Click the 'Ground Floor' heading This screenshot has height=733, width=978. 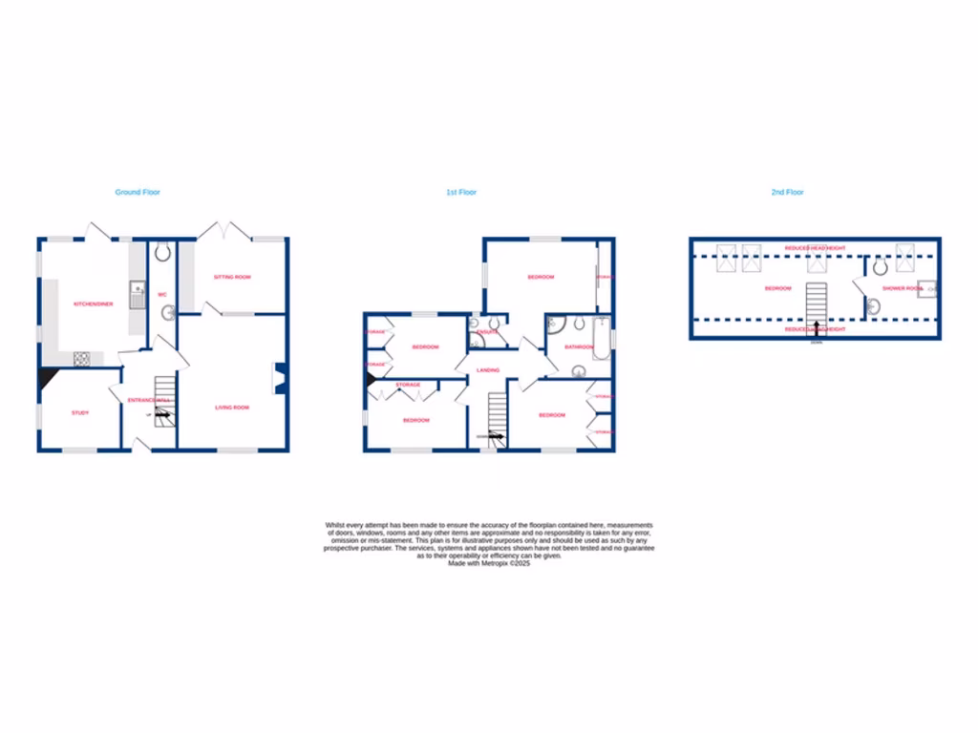tap(138, 192)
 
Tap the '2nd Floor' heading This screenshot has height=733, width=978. tap(788, 192)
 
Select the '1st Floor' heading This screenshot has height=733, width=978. tap(461, 192)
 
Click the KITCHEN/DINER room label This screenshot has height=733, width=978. tap(94, 304)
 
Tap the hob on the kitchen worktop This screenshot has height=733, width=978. tap(82, 359)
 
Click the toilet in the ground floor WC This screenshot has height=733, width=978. tap(161, 252)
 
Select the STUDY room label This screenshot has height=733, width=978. tap(80, 412)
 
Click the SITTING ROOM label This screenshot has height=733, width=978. tap(232, 277)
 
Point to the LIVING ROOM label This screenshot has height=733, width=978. tap(231, 408)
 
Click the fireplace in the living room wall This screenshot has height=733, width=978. tap(280, 378)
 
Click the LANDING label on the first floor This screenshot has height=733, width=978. tap(489, 369)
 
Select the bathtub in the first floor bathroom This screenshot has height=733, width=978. tap(601, 339)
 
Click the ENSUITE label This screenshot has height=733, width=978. tap(488, 331)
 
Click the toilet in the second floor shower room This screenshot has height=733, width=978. tap(880, 268)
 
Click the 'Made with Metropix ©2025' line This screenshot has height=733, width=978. tap(489, 563)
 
